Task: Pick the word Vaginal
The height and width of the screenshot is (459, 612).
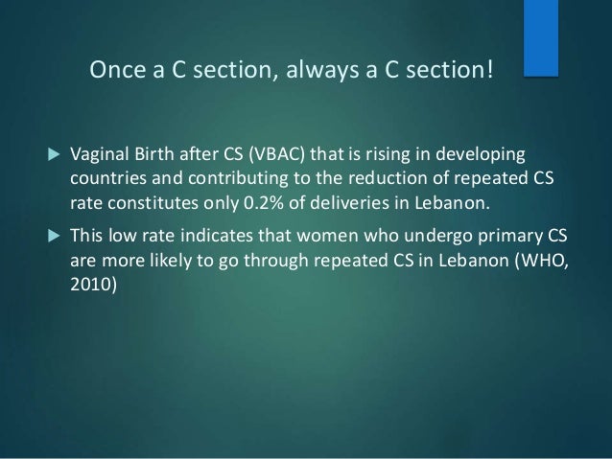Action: pos(97,156)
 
